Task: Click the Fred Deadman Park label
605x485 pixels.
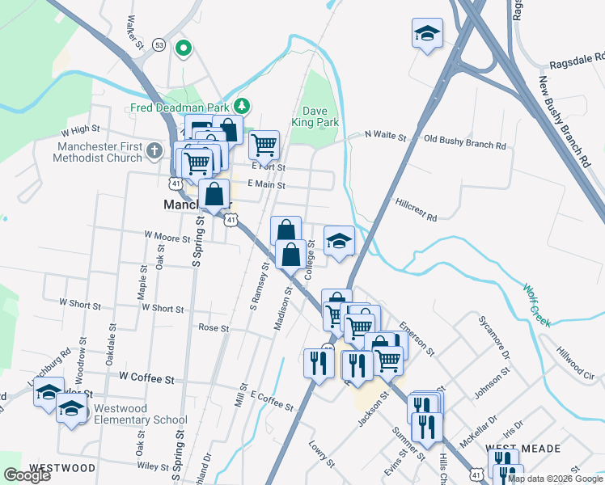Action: [x=179, y=108]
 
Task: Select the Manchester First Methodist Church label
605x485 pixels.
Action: [x=89, y=152]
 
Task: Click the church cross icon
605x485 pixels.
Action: [x=154, y=150]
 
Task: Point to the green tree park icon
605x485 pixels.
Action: [x=240, y=106]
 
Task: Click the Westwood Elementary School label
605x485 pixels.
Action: [x=141, y=414]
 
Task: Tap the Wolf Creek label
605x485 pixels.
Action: [x=536, y=305]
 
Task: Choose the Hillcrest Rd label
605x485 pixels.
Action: [x=417, y=211]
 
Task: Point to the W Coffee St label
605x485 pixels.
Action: [x=146, y=377]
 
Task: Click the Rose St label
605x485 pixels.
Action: [x=214, y=329]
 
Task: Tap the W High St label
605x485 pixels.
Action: [x=79, y=129]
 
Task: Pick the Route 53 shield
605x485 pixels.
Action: [x=159, y=45]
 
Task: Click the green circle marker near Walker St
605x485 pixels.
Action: [x=184, y=48]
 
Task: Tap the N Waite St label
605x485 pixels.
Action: [x=385, y=136]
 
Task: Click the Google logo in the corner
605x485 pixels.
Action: [x=27, y=475]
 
